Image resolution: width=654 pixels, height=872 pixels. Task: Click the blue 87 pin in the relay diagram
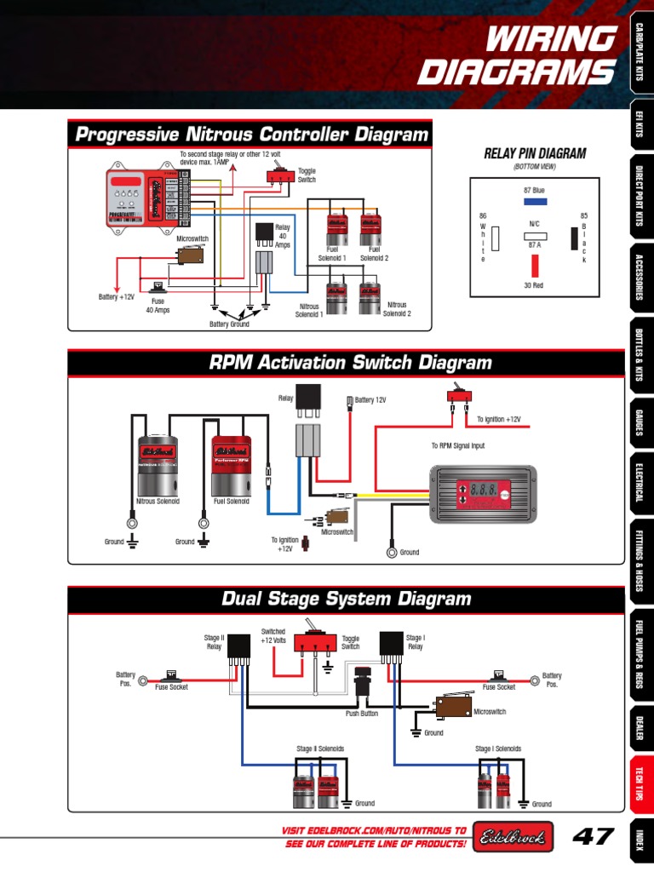pos(535,203)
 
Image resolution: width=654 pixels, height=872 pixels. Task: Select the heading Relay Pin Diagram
pos(535,153)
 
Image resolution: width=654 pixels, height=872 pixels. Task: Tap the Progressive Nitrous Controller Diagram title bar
pos(250,135)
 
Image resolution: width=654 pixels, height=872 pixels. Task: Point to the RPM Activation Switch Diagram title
pos(350,363)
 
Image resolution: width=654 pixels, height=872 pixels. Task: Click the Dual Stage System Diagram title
pos(346,599)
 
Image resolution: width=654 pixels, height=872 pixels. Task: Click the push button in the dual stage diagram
pos(361,681)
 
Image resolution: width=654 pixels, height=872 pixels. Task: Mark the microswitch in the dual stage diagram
pos(455,705)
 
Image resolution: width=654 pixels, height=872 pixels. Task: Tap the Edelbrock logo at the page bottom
pos(513,836)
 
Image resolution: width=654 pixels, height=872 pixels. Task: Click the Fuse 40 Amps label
pos(158,306)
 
